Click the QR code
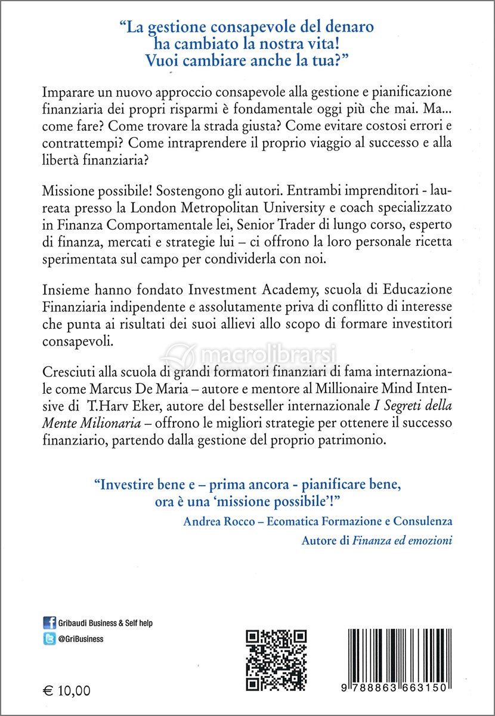point(277,659)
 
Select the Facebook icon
point(50,623)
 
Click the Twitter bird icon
point(50,638)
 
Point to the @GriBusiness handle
point(81,638)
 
